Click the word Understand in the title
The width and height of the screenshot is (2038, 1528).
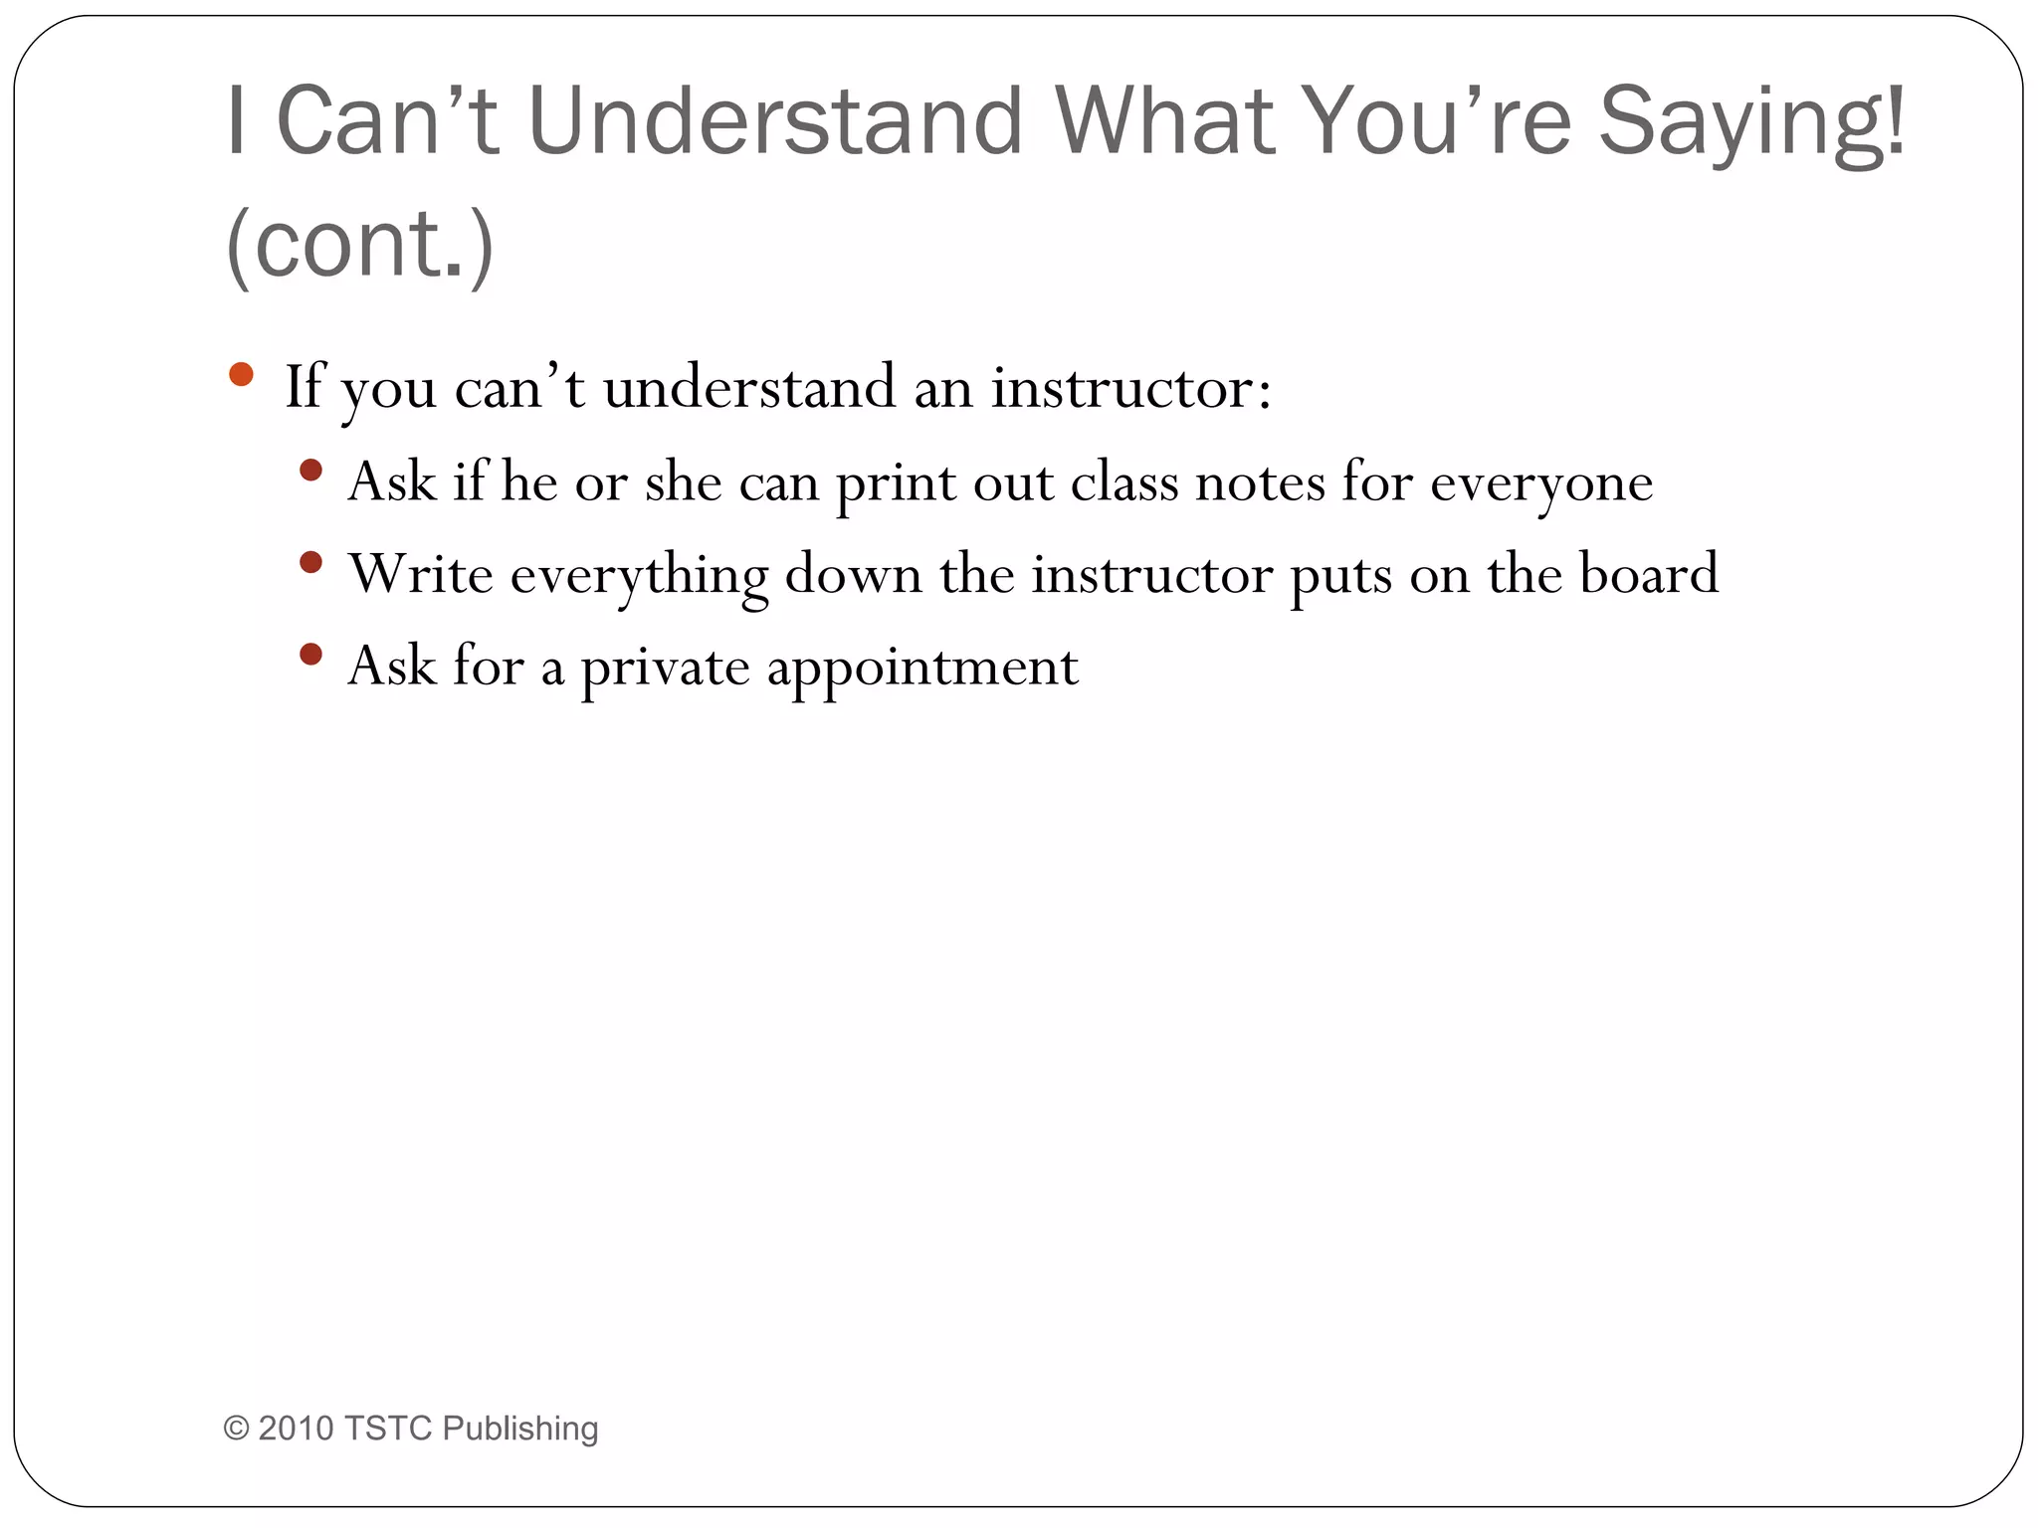[x=775, y=121]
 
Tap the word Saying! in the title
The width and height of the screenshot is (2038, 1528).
[x=1751, y=121]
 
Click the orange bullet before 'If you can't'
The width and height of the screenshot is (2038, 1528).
[x=241, y=375]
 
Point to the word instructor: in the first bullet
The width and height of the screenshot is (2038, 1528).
[x=1130, y=387]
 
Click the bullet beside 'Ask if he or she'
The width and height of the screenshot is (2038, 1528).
[x=310, y=470]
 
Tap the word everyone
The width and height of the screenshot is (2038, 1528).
[x=1541, y=483]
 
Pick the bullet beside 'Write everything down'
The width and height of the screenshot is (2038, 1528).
[x=310, y=562]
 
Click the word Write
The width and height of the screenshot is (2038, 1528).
[x=421, y=574]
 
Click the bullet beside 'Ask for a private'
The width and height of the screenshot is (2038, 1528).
[x=310, y=654]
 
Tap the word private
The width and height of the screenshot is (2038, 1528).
[x=665, y=668]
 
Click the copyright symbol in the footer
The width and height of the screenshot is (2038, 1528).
[x=236, y=1429]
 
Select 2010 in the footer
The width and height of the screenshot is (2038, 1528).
[x=296, y=1429]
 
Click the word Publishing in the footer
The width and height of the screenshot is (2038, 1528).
[x=519, y=1429]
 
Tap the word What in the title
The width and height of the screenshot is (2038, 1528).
[x=1164, y=121]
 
